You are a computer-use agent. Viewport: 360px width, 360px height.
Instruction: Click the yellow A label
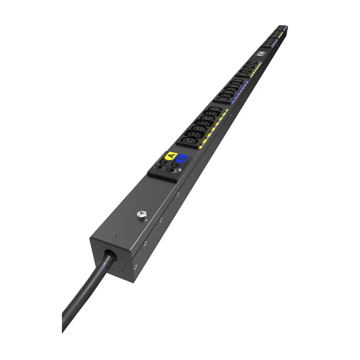tap(171, 155)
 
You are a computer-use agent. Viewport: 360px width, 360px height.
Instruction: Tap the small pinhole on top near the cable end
tap(115, 234)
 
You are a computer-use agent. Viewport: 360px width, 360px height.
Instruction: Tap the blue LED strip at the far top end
tap(283, 30)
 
